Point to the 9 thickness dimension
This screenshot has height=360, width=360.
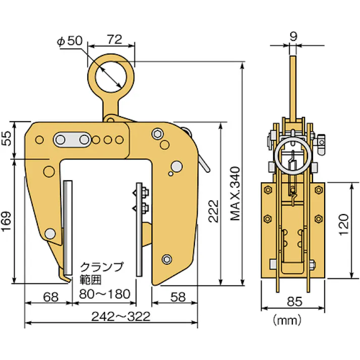(x=293, y=36)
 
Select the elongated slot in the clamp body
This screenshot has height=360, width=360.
(x=71, y=139)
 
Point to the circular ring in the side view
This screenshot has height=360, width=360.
(x=293, y=155)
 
